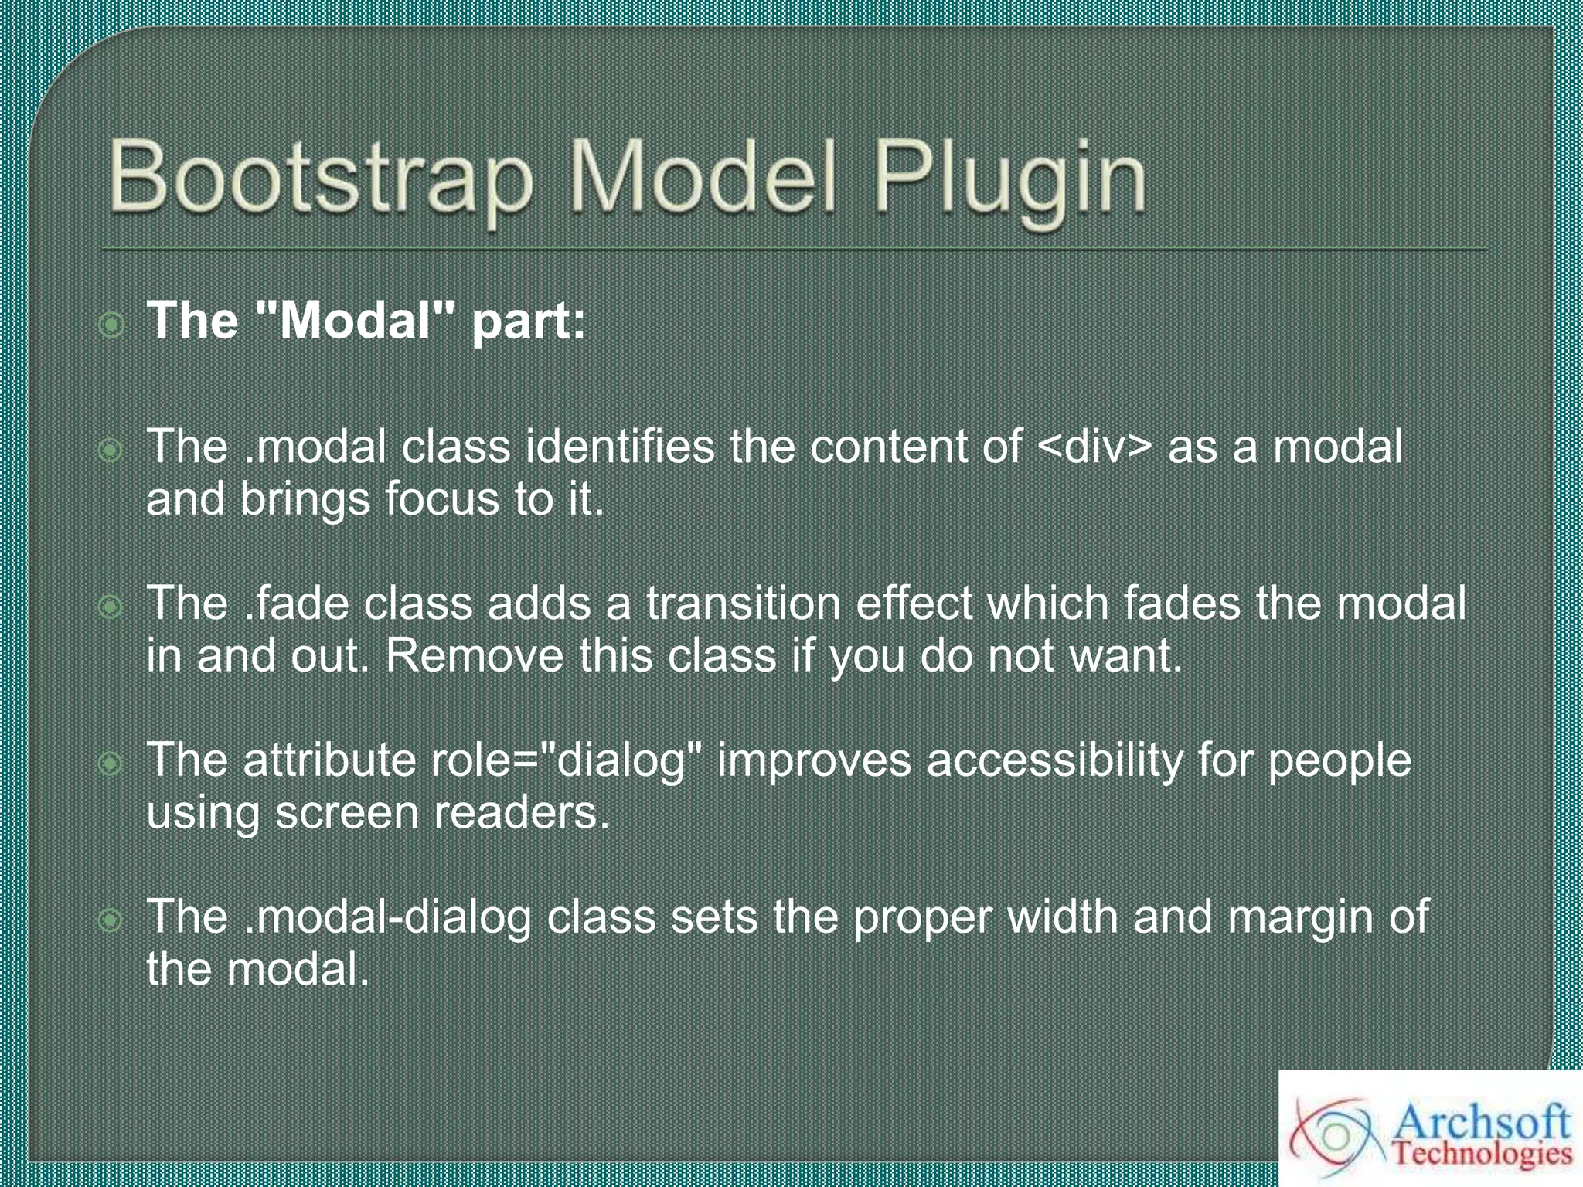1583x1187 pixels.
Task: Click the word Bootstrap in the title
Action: point(320,178)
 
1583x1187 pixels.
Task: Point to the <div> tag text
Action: point(1094,447)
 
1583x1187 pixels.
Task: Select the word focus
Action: point(442,499)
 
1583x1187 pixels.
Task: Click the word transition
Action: point(743,604)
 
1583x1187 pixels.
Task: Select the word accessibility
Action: point(1054,760)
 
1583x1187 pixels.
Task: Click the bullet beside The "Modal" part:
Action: point(112,325)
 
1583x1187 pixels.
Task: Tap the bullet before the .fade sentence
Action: point(111,607)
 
